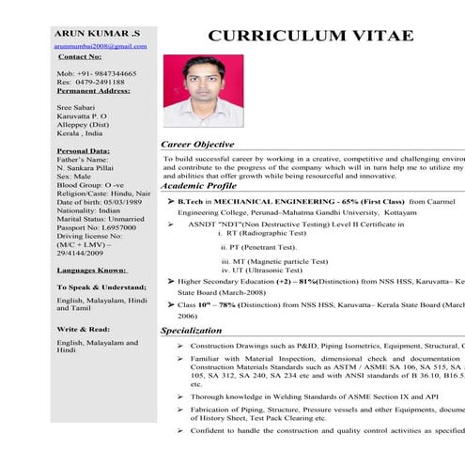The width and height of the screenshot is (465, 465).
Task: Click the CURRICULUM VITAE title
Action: coord(310,36)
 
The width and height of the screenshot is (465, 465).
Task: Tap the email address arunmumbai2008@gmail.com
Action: coord(101,45)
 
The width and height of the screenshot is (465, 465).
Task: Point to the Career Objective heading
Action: coord(197,145)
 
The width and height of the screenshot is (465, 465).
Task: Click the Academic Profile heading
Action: coord(199,186)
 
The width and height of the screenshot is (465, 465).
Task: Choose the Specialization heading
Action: coord(191,331)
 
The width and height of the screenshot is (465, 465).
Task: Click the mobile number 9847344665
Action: coord(110,73)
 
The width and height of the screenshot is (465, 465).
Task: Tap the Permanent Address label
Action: coord(93,91)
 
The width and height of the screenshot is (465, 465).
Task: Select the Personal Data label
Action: coord(83,150)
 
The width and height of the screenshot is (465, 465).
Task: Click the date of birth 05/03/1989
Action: coord(119,202)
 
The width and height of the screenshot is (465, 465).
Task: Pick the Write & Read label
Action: coord(84,330)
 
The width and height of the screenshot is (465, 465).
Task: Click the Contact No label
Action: coord(79,56)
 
